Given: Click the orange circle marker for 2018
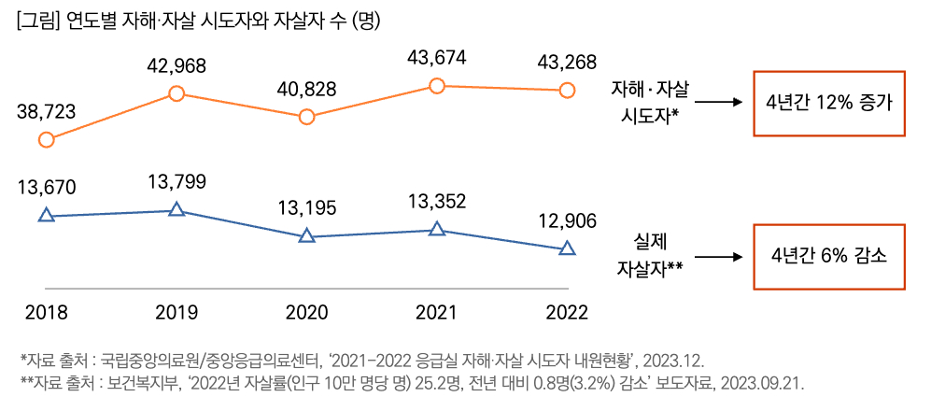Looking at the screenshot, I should [46, 140].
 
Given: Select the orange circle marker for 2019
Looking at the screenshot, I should [176, 92].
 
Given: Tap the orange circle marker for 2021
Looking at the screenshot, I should [436, 86].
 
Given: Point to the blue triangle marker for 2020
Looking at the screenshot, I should [306, 236].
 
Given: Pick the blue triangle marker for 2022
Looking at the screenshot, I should [567, 248].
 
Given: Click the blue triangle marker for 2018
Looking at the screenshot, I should [46, 216].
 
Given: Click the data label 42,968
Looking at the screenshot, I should [176, 66].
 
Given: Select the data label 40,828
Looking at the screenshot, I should [306, 91].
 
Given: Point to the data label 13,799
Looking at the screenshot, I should [176, 182].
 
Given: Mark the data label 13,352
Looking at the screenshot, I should [436, 202].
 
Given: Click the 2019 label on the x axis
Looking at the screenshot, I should [176, 312].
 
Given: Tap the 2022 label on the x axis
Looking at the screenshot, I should [567, 312].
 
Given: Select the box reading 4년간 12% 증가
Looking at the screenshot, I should [828, 103].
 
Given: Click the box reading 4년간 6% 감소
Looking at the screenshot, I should [828, 256].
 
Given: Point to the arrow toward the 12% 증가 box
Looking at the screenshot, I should [716, 103].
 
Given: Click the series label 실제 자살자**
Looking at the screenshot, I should [650, 256].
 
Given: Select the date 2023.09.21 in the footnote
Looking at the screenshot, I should [760, 384].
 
